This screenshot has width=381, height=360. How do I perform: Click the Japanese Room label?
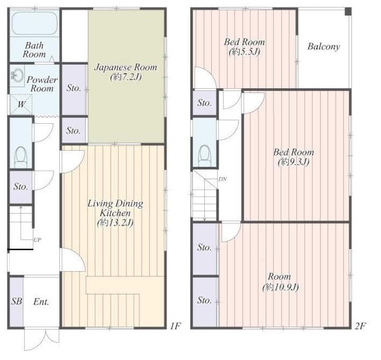pyautogui.click(x=125, y=67)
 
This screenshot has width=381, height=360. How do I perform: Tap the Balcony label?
pyautogui.click(x=324, y=47)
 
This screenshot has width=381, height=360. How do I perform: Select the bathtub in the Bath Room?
pyautogui.click(x=34, y=23)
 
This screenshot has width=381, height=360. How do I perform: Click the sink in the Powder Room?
pyautogui.click(x=17, y=75)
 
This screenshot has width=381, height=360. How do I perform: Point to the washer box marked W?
pyautogui.click(x=21, y=105)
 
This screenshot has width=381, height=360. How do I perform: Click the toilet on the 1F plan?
pyautogui.click(x=21, y=157)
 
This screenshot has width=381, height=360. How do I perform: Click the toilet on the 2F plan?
pyautogui.click(x=205, y=155)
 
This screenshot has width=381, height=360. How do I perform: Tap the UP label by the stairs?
pyautogui.click(x=37, y=240)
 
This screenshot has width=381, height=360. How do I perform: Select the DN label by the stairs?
pyautogui.click(x=223, y=179)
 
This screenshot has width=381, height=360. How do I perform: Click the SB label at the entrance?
pyautogui.click(x=16, y=301)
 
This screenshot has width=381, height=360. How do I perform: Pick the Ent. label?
pyautogui.click(x=41, y=302)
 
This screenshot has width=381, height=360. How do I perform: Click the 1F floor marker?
pyautogui.click(x=175, y=326)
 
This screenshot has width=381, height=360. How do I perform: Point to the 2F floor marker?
pyautogui.click(x=360, y=326)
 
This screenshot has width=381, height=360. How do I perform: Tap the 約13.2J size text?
pyautogui.click(x=115, y=223)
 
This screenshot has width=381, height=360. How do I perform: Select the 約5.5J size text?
pyautogui.click(x=244, y=51)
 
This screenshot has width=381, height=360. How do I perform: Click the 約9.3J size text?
pyautogui.click(x=294, y=162)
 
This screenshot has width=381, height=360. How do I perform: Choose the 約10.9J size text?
pyautogui.click(x=280, y=288)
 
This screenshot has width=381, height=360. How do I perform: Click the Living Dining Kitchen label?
pyautogui.click(x=115, y=208)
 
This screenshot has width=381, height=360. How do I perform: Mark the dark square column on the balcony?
pyautogui.click(x=348, y=12)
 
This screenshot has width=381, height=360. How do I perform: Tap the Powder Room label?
pyautogui.click(x=42, y=84)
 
